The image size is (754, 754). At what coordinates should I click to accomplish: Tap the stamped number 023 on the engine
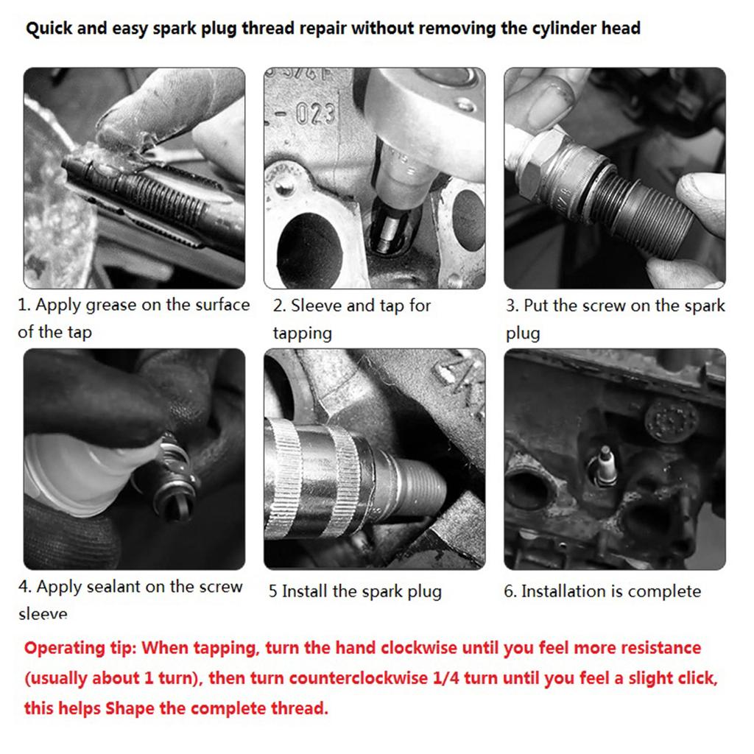pos(316,114)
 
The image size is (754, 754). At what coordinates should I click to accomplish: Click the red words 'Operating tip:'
pos(81,649)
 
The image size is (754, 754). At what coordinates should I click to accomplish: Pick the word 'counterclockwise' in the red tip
pos(359,678)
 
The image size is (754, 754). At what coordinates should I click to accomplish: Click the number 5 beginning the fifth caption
pos(272,591)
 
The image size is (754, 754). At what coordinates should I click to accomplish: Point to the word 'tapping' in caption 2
pos(303,334)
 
